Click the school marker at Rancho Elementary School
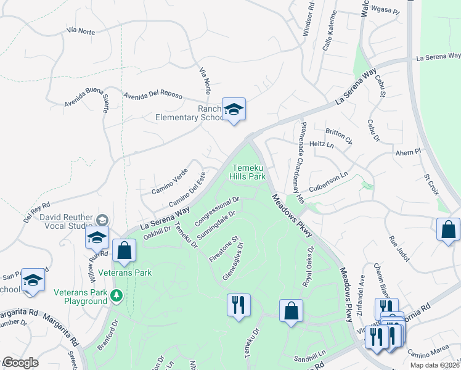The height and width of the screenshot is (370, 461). [234, 110]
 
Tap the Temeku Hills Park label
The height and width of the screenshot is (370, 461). [249, 172]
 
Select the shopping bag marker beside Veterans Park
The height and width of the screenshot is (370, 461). [124, 251]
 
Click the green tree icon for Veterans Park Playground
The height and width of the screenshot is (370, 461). [116, 297]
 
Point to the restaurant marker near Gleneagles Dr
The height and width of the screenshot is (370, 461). [238, 305]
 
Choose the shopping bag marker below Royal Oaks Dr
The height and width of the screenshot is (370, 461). [291, 311]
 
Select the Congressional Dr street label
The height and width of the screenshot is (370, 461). [217, 211]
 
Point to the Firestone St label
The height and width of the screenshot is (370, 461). [223, 249]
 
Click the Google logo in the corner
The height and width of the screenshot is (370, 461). [20, 362]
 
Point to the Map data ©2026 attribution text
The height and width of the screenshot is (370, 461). [434, 365]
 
